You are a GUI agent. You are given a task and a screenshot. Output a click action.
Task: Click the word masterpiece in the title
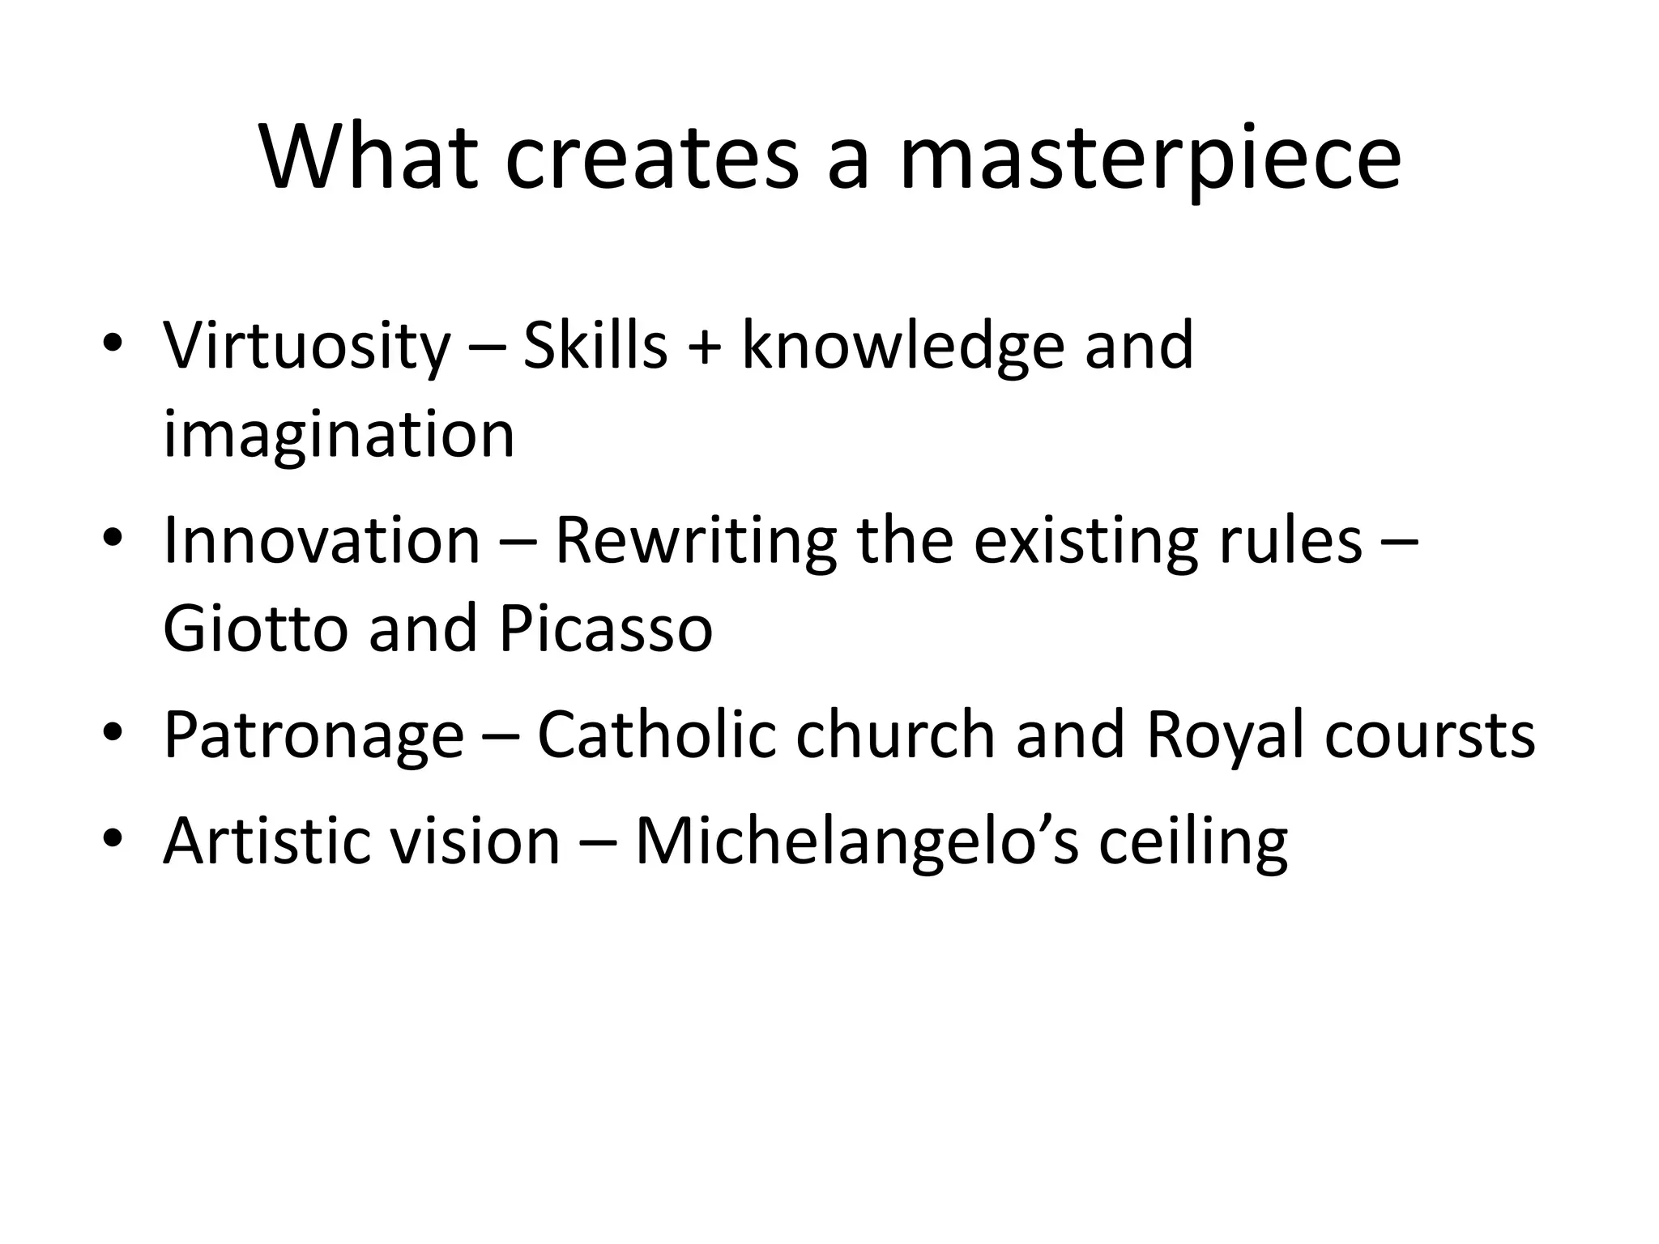tap(1149, 158)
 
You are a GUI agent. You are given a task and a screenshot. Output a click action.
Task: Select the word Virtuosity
tap(306, 347)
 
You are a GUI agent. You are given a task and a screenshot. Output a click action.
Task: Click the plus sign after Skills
tap(704, 347)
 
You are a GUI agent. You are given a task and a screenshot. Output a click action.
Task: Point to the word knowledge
tap(902, 347)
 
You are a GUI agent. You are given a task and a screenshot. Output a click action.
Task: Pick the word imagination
tap(339, 436)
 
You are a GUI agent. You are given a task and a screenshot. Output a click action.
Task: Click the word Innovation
tap(322, 541)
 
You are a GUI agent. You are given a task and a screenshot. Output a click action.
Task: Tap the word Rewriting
tap(695, 541)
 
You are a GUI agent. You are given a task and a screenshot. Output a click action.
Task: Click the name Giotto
tap(255, 628)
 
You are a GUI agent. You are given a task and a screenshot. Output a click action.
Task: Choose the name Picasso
tap(605, 628)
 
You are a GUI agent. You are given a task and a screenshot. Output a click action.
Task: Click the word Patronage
tap(313, 735)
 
